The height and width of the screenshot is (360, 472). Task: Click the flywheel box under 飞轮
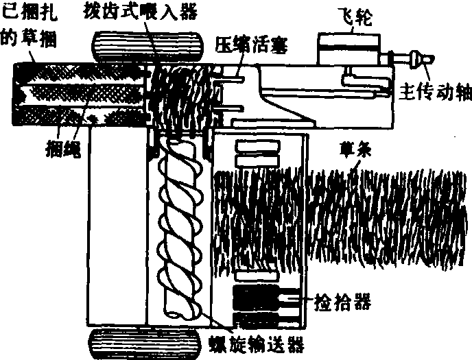click(351, 48)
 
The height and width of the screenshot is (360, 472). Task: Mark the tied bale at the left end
click(75, 89)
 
